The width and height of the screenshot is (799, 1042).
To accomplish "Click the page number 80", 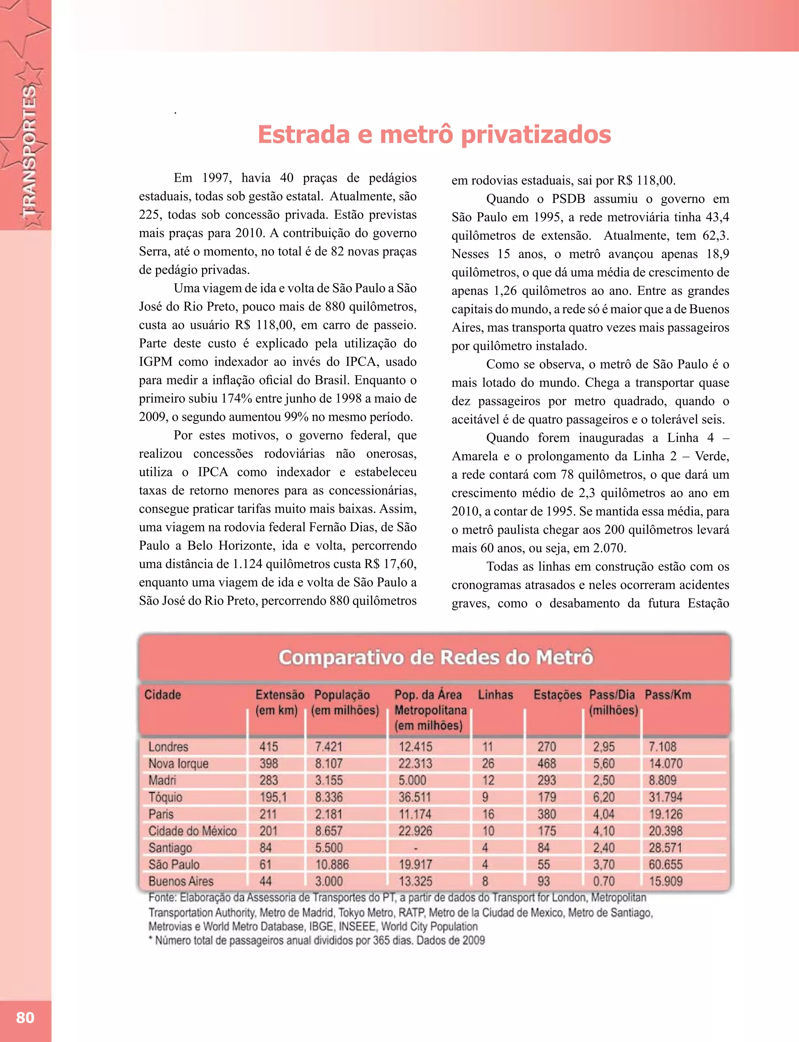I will coord(25,1017).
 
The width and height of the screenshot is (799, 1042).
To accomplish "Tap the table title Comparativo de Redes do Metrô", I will coord(436,658).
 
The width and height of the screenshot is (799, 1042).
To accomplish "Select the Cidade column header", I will coord(163,695).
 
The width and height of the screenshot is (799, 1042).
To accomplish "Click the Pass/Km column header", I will coord(668,695).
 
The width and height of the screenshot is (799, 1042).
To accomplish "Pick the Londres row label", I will coord(169,747).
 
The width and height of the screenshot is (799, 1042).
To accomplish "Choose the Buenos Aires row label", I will coord(181,881).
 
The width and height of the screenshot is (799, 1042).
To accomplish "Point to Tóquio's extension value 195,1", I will coord(273,797).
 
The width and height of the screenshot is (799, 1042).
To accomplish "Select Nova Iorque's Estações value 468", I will coord(547,764).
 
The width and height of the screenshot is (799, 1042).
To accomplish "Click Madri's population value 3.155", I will coord(328,781).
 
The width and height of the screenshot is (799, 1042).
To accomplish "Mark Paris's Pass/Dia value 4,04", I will coord(604,814).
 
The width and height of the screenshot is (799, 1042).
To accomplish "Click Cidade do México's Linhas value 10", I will coord(488,831).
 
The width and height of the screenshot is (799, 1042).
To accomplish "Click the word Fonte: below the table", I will coord(162,897).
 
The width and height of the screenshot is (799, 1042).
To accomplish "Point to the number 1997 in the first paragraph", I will coord(217,178).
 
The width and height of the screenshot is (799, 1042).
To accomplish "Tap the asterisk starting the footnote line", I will coord(150,939).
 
